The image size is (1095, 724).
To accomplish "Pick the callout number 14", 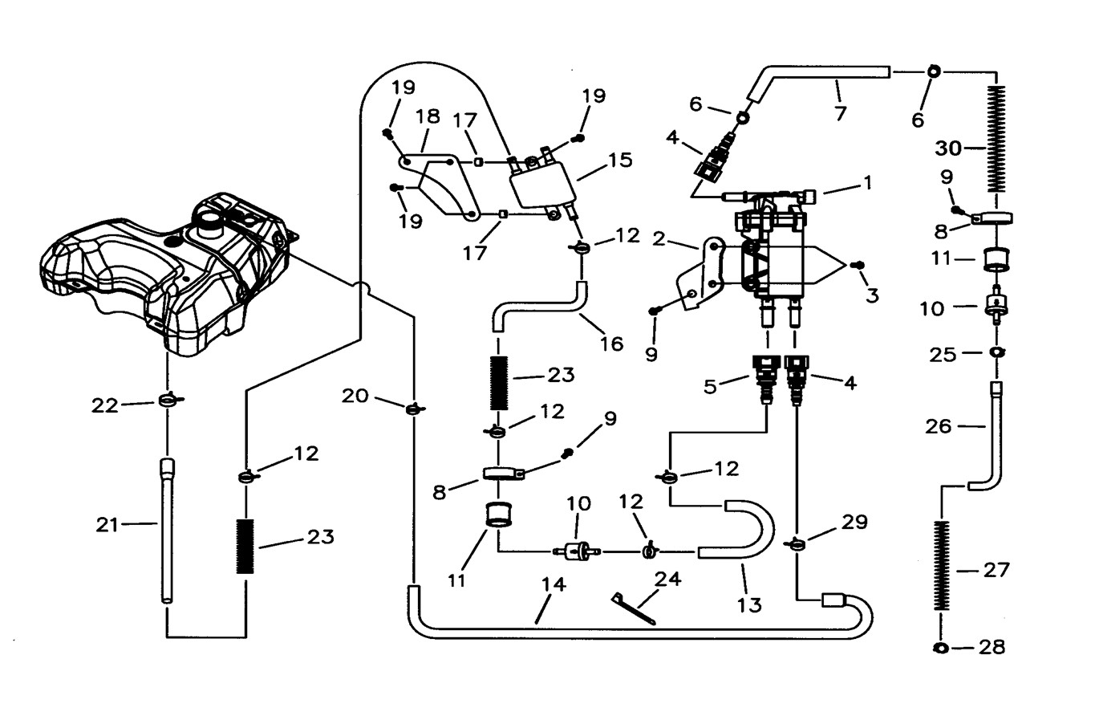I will click(554, 585).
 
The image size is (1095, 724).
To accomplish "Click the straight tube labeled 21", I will click(167, 530).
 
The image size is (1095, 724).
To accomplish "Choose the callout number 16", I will click(611, 344).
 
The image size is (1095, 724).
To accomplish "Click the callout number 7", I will click(840, 113).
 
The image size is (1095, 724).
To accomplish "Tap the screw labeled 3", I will click(857, 266).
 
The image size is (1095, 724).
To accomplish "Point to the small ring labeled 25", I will click(996, 352).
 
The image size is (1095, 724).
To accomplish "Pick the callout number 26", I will click(939, 426).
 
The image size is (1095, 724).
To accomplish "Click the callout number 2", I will click(659, 238).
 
